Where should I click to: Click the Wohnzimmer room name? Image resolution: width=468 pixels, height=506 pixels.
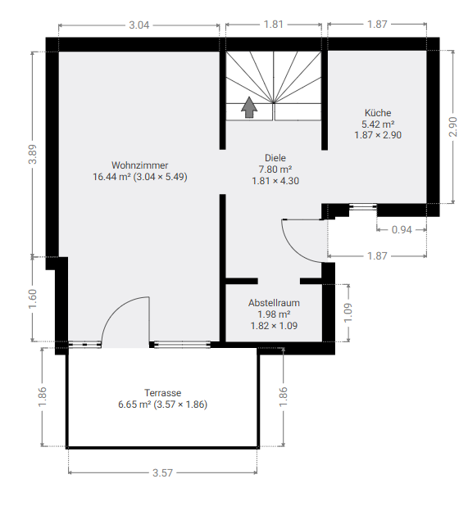click(140, 165)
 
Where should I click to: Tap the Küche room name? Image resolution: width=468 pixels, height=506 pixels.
click(378, 113)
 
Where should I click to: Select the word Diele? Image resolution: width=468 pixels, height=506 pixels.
click(275, 158)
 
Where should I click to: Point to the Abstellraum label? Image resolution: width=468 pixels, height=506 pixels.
click(274, 302)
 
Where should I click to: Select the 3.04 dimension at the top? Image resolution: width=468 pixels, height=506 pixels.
click(139, 25)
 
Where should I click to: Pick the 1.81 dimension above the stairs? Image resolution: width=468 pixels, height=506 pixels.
click(274, 25)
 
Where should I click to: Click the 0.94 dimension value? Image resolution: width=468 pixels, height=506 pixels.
click(402, 230)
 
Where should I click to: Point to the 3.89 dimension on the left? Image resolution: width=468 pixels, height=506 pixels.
click(33, 155)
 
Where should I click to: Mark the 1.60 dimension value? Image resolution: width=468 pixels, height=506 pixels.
click(33, 299)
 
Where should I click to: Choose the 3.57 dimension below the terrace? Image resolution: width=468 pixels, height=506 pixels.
click(162, 473)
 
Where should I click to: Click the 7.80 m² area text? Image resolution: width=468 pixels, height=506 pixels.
click(275, 169)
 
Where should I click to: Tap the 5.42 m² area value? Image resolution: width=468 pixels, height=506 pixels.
click(378, 124)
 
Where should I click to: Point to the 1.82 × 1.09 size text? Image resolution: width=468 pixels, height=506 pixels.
click(274, 325)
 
